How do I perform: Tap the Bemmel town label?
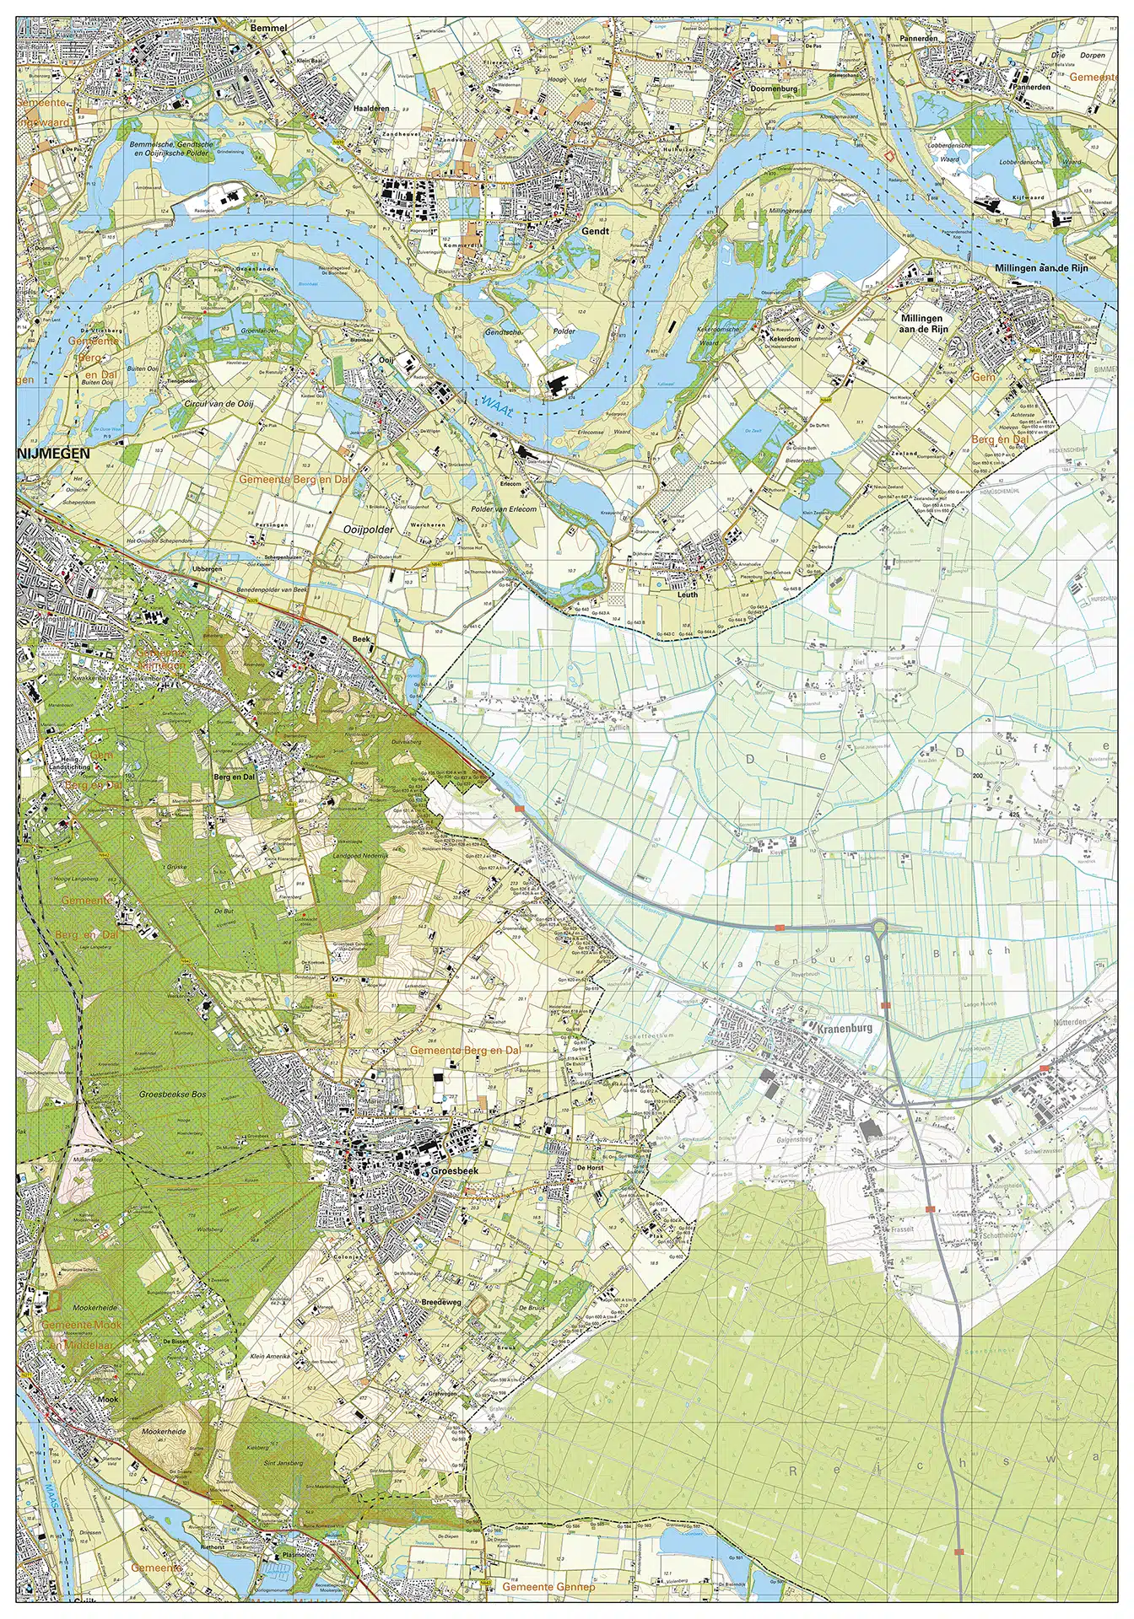pyautogui.click(x=269, y=28)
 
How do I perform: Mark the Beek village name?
pyautogui.click(x=361, y=639)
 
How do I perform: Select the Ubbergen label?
pyautogui.click(x=208, y=568)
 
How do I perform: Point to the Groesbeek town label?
pyautogui.click(x=448, y=1171)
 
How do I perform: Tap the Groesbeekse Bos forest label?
pyautogui.click(x=175, y=1094)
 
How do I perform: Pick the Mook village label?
pyautogui.click(x=108, y=1399)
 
